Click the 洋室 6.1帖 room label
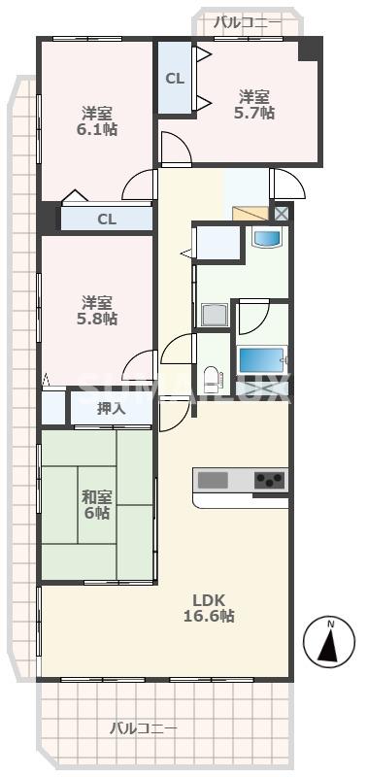(x=98, y=119)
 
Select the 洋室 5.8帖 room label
(x=98, y=310)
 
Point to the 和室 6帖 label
(x=96, y=504)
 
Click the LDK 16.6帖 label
(x=210, y=607)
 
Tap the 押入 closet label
(x=111, y=409)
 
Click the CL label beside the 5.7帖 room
(x=175, y=79)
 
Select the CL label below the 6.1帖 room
(x=106, y=220)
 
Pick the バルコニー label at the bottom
(x=143, y=727)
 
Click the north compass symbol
(x=329, y=644)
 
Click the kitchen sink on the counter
(x=213, y=480)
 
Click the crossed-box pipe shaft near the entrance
(x=282, y=214)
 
